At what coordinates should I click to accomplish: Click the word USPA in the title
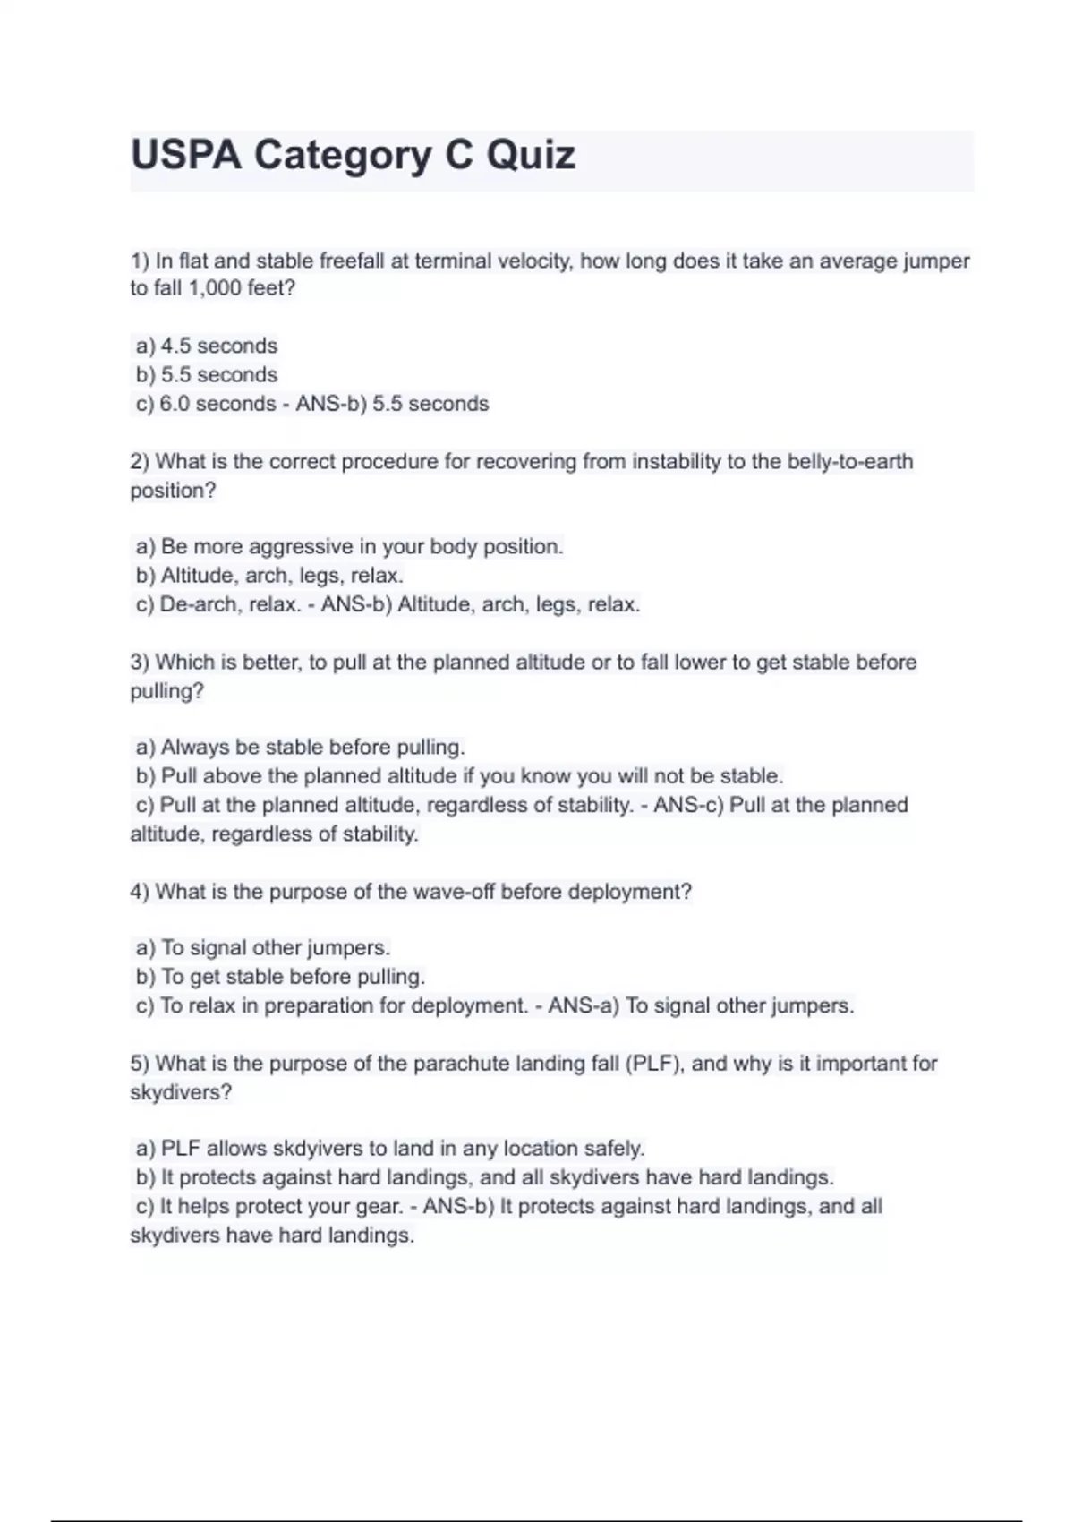tap(186, 156)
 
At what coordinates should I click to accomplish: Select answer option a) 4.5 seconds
tap(207, 346)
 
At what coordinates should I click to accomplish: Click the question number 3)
tap(140, 663)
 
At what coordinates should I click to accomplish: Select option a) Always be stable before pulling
tap(300, 747)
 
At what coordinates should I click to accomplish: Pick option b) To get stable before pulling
tap(280, 977)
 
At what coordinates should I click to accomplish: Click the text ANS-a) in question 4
tap(583, 1005)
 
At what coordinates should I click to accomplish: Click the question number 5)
tap(140, 1064)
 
